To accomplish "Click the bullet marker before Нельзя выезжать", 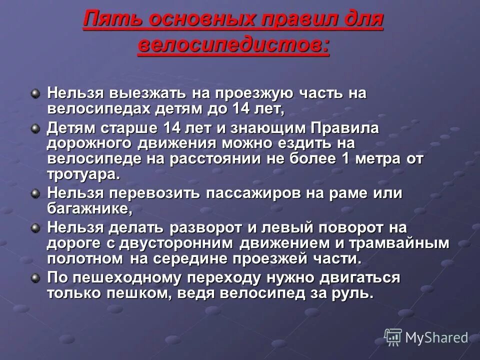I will coord(35,93).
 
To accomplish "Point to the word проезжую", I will coord(252,93).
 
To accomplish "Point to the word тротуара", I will coord(82,174).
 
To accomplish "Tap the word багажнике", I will coord(89,208).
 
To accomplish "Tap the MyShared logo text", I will coord(436,338).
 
